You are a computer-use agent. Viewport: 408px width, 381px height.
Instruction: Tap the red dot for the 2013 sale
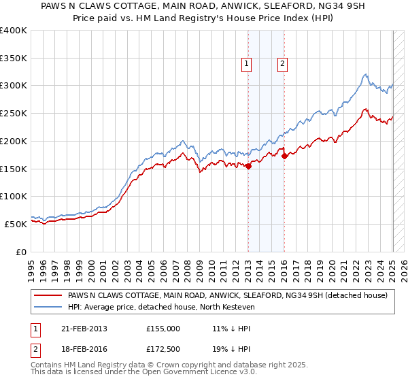[248, 165]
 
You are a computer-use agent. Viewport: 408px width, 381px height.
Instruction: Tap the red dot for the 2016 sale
[284, 156]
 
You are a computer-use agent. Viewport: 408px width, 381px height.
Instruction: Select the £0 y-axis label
[22, 252]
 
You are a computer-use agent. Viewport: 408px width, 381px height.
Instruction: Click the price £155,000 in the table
[163, 328]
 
